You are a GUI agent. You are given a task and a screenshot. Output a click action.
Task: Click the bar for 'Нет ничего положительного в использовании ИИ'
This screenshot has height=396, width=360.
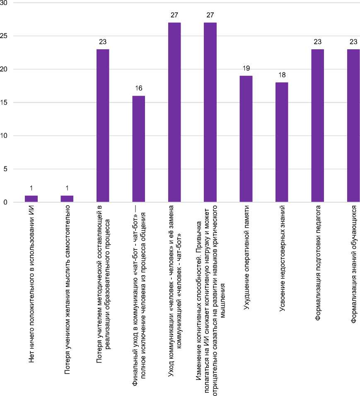[31, 199]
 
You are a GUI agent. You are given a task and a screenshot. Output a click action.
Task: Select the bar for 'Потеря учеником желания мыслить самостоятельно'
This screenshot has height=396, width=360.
[67, 199]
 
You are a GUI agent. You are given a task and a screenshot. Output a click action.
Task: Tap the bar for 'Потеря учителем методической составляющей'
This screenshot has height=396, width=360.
[103, 126]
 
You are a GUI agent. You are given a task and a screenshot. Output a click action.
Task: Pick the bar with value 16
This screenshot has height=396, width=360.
[138, 149]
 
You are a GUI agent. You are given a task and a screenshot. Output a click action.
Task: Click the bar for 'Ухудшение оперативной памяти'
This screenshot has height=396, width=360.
[246, 139]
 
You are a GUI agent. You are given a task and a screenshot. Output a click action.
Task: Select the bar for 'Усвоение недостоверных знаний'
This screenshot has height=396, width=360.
[281, 142]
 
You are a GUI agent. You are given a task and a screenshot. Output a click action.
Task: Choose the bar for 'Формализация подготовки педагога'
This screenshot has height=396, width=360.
[317, 126]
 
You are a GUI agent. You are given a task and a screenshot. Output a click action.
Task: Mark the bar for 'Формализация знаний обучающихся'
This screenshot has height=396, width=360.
[353, 126]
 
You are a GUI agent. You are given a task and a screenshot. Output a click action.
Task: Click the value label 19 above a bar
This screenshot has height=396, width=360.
[246, 68]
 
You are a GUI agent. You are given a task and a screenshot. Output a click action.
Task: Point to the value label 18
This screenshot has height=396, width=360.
[281, 75]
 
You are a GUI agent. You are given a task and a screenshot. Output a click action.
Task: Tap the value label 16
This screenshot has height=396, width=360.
[138, 88]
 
